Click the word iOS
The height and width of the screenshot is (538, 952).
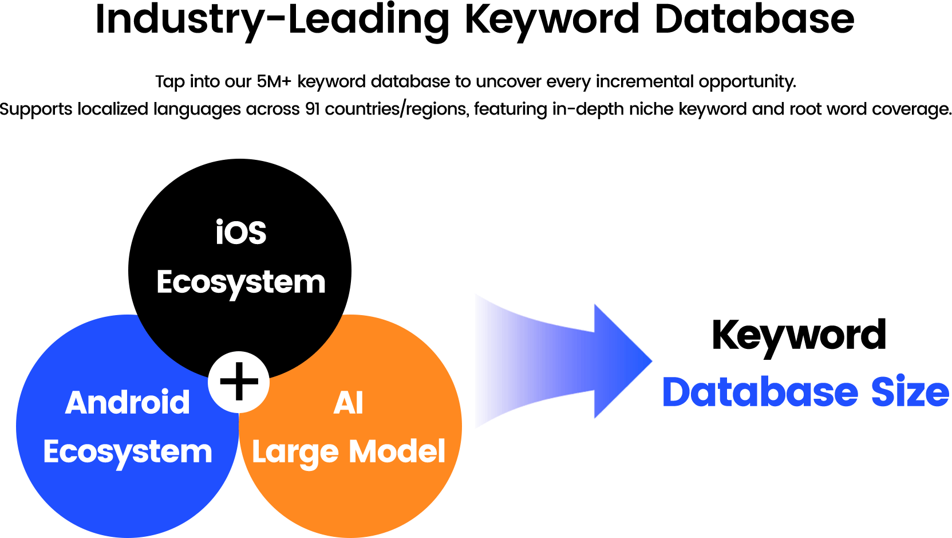tap(241, 233)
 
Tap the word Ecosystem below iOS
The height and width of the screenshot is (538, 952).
tap(241, 282)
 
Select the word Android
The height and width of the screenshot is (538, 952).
tap(128, 402)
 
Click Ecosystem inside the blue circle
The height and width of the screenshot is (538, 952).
tap(128, 452)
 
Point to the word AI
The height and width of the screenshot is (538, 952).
tap(348, 403)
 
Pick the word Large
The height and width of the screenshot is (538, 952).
tap(295, 453)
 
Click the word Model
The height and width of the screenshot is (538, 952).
tap(397, 451)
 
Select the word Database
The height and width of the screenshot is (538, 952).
tap(760, 392)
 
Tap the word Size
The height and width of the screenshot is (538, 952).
tap(910, 392)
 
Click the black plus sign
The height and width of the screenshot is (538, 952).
tap(239, 382)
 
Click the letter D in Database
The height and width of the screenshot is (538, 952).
tap(676, 392)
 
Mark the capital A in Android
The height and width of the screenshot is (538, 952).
tap(78, 402)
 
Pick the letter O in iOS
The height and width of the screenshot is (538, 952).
tap(237, 234)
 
